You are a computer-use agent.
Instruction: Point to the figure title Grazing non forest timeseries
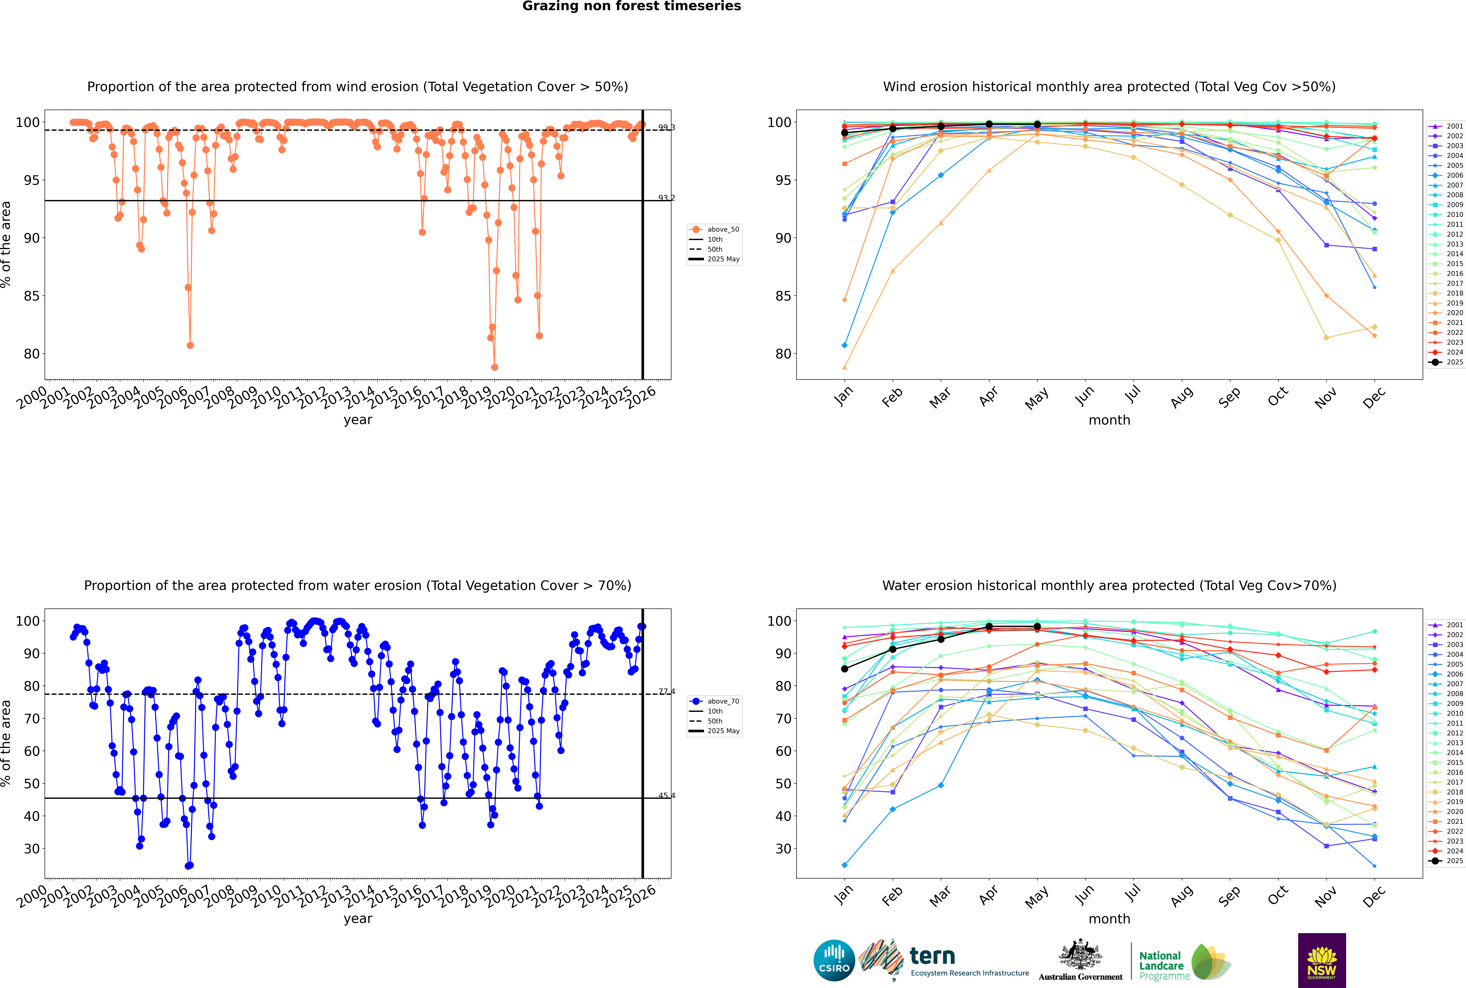[632, 6]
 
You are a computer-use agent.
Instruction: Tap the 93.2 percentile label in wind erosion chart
[666, 198]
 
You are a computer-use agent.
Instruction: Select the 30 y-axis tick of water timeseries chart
[31, 849]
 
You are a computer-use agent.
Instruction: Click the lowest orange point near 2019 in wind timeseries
[495, 367]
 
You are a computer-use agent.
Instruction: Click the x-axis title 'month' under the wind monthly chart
[1109, 420]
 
